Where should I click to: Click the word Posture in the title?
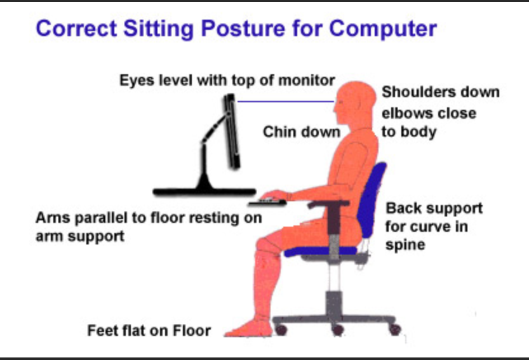(243, 29)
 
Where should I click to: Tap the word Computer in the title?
(383, 29)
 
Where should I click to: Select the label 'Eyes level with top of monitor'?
(227, 81)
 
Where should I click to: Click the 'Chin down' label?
(302, 132)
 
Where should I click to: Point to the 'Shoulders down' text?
(441, 92)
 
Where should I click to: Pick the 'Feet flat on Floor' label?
(149, 331)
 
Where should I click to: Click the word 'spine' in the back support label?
(405, 245)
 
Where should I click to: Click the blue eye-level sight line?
(285, 101)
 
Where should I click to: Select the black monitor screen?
(232, 131)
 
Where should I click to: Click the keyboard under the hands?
(267, 203)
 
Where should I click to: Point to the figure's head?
(354, 103)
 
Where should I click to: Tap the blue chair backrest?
(373, 199)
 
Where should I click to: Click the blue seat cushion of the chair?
(321, 251)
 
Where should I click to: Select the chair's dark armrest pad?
(328, 203)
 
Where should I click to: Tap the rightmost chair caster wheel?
(395, 330)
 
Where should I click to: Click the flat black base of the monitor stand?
(204, 192)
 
